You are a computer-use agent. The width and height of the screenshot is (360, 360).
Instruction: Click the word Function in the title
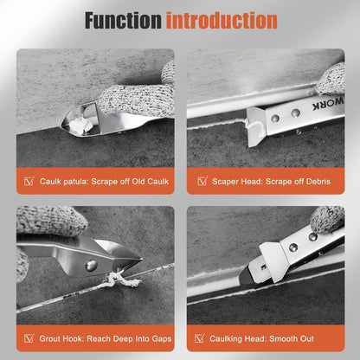pyautogui.click(x=123, y=21)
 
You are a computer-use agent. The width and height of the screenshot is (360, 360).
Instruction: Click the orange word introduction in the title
pyautogui.click(x=222, y=21)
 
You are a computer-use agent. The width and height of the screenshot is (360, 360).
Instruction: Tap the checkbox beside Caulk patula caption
pyautogui.click(x=29, y=182)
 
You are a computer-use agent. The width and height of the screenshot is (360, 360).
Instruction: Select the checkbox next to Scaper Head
pyautogui.click(x=202, y=181)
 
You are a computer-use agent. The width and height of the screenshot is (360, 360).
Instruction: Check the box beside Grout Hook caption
pyautogui.click(x=29, y=338)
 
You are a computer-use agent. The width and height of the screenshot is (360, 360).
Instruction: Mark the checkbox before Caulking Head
pyautogui.click(x=199, y=338)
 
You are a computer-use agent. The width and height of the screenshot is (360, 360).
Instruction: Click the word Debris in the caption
pyautogui.click(x=318, y=182)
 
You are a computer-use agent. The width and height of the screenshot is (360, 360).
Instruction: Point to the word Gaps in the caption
pyautogui.click(x=162, y=339)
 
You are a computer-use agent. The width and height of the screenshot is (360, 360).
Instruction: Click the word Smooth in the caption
pyautogui.click(x=283, y=338)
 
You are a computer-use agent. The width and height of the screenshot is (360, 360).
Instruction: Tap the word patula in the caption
pyautogui.click(x=75, y=182)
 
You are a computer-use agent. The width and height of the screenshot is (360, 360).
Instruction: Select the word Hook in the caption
pyautogui.click(x=72, y=338)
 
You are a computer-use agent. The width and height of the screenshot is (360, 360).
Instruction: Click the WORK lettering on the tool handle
pyautogui.click(x=328, y=105)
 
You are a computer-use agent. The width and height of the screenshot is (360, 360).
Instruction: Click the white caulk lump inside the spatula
pyautogui.click(x=80, y=125)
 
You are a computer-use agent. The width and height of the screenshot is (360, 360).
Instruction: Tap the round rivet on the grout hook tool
pyautogui.click(x=92, y=265)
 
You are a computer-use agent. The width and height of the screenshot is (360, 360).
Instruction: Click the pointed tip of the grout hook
pyautogui.click(x=141, y=260)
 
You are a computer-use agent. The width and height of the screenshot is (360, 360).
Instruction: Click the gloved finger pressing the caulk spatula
pyautogui.click(x=136, y=100)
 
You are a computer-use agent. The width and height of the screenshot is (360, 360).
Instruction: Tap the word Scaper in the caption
pyautogui.click(x=224, y=182)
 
